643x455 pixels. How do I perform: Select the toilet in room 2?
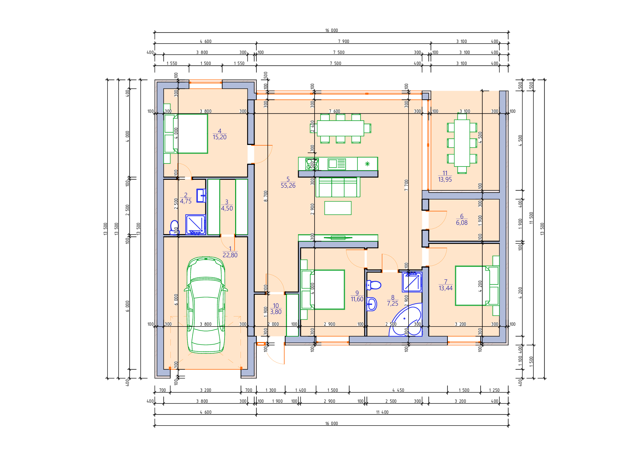174,227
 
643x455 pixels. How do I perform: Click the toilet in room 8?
374,286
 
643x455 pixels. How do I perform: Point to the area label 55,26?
288,185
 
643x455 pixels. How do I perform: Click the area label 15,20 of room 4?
220,137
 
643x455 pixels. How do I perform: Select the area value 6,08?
462,223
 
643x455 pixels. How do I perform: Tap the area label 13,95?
445,180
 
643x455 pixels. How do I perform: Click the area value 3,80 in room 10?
276,312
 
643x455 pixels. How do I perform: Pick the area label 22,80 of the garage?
230,255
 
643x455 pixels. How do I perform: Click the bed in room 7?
473,286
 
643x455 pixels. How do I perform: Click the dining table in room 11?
462,143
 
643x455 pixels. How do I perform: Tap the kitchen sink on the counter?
337,164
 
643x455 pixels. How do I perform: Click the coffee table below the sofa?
338,208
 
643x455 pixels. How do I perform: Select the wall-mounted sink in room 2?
201,196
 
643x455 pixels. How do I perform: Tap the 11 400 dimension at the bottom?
382,412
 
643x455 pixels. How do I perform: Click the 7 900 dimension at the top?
344,42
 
